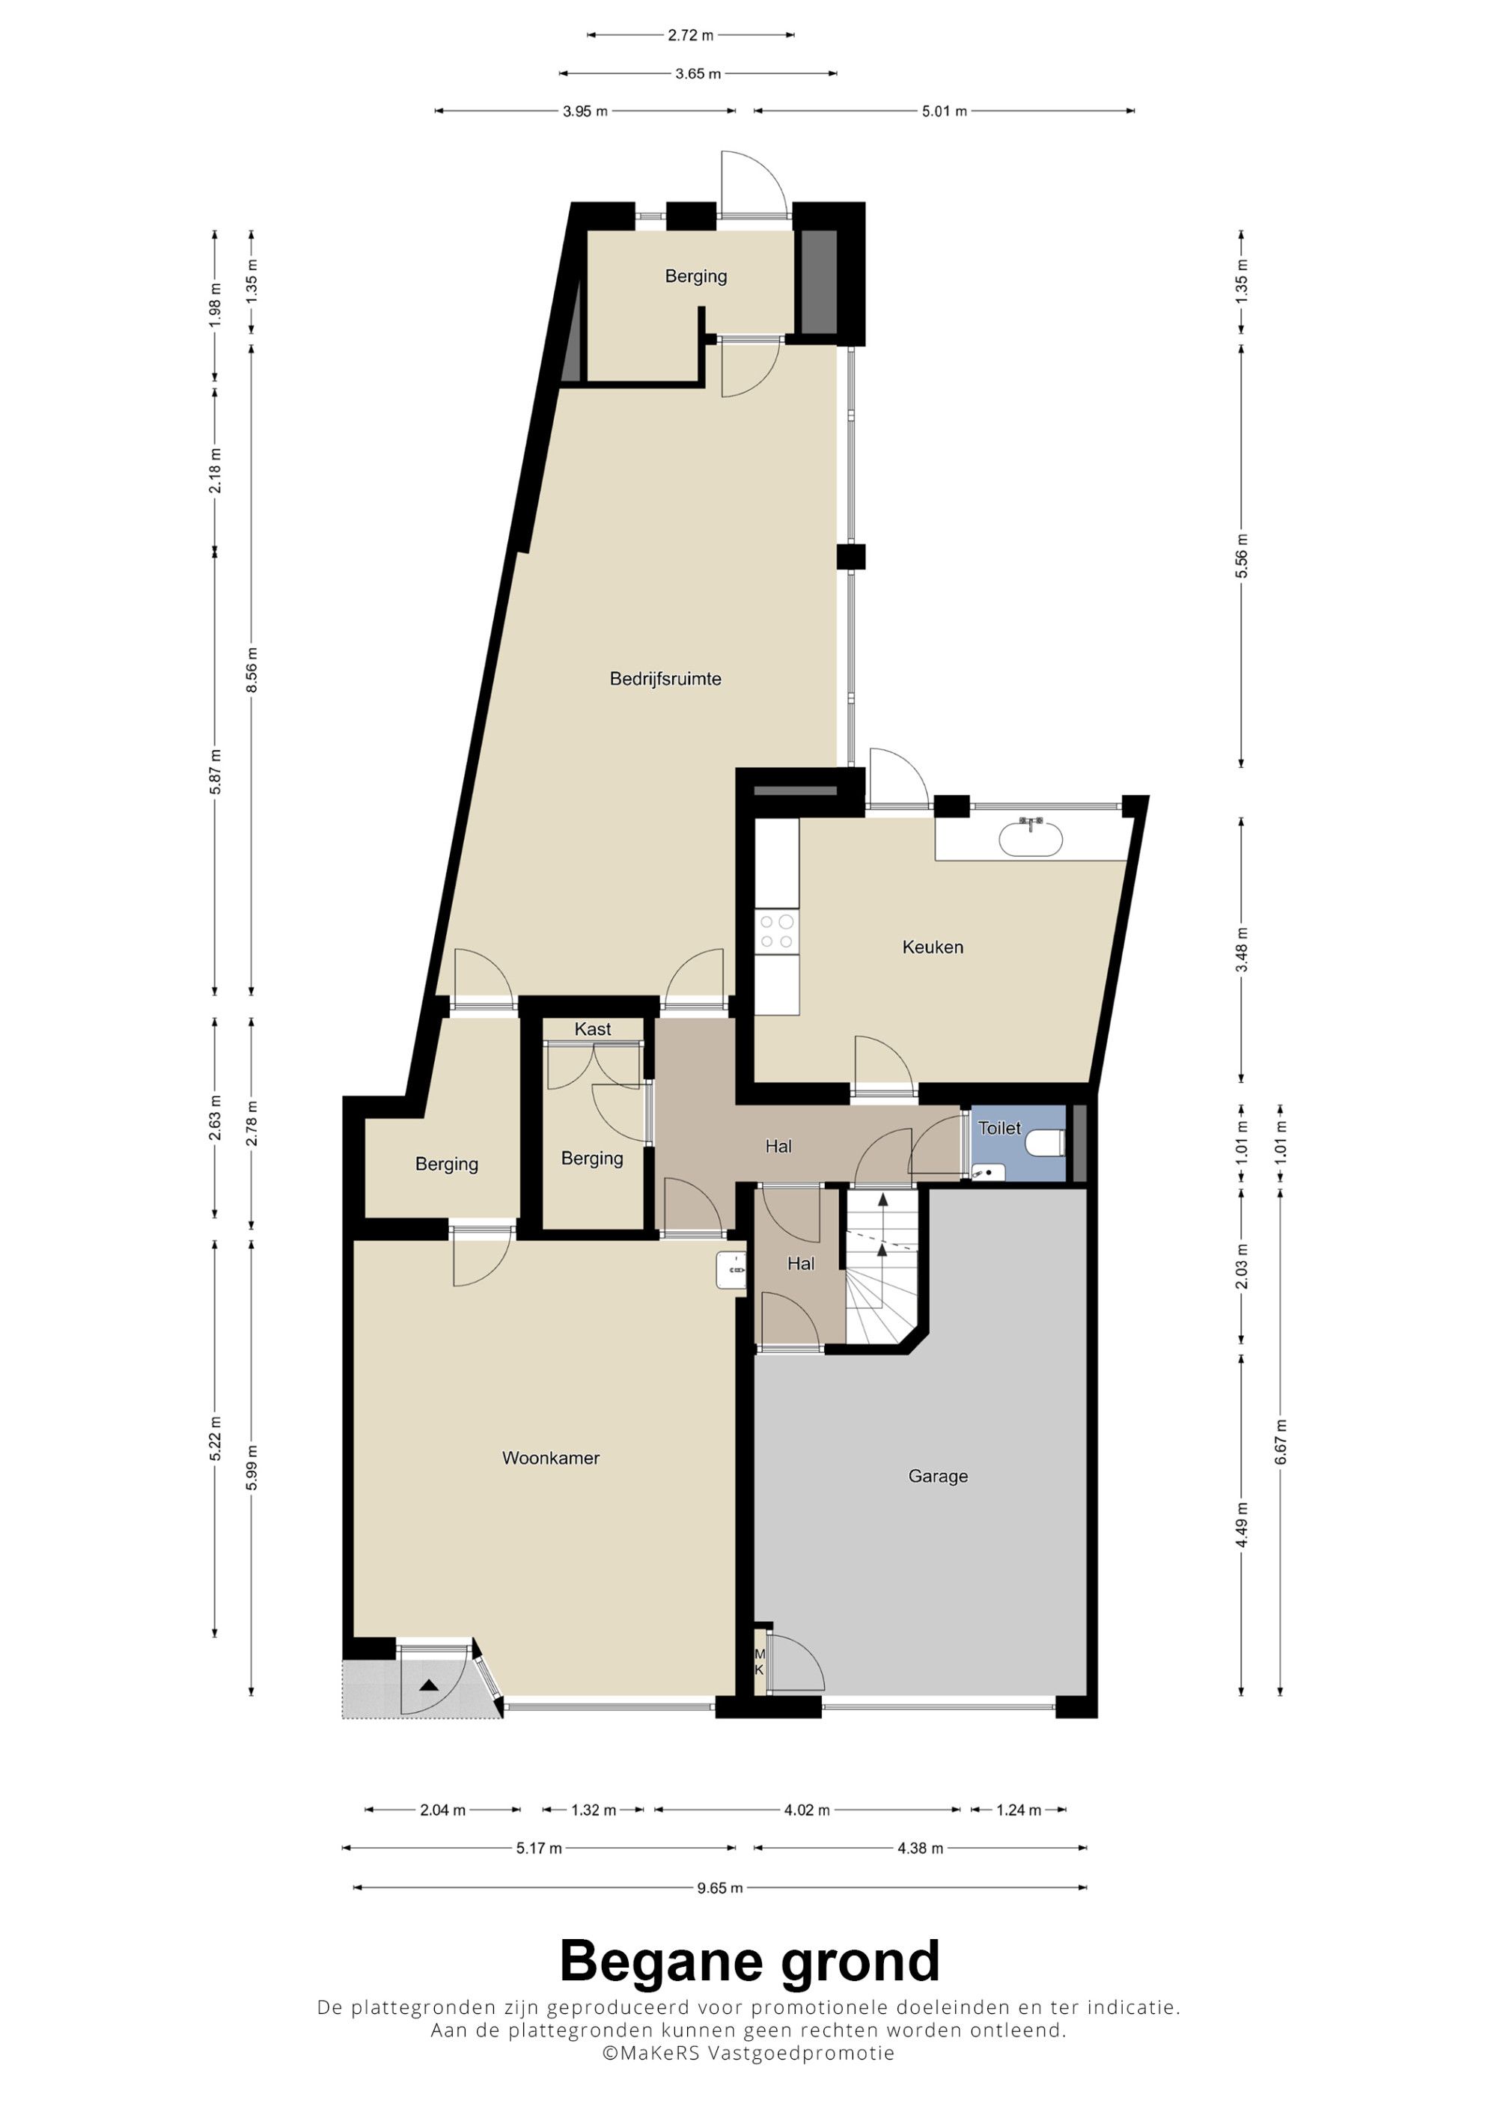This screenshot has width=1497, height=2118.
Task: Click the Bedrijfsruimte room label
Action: (665, 679)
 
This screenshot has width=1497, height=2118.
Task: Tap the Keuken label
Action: (933, 947)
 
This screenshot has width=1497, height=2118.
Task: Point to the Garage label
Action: (938, 1476)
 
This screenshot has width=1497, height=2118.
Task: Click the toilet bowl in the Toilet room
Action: (1047, 1144)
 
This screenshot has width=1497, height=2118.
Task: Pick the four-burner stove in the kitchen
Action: (777, 931)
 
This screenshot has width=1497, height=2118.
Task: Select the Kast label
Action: (592, 1028)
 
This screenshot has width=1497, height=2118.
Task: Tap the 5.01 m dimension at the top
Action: (945, 112)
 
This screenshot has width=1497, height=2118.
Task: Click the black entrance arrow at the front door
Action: (429, 1685)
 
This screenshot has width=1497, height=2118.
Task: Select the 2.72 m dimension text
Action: (691, 35)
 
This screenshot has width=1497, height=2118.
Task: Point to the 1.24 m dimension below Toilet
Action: (1018, 1810)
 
